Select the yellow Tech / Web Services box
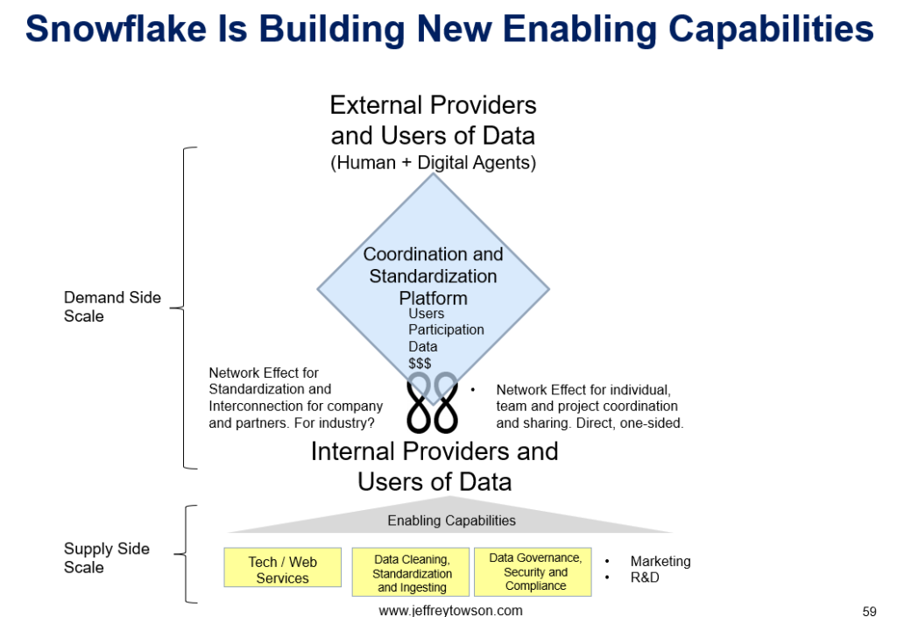coord(282,570)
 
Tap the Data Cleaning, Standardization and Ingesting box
coord(412,573)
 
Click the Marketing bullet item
coord(660,561)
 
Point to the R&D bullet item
coord(645,578)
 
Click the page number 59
coord(869,611)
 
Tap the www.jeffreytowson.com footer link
coord(450,610)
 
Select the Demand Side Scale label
coord(112,307)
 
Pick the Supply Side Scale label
coord(107,558)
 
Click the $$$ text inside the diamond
coord(420,363)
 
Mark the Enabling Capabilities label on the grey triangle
coord(451,521)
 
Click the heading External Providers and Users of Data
coord(433,120)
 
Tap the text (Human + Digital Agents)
coord(433,162)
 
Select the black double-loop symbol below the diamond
coord(433,401)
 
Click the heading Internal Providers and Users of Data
coord(434,466)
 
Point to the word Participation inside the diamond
coord(446,330)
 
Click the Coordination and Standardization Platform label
coord(433,276)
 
